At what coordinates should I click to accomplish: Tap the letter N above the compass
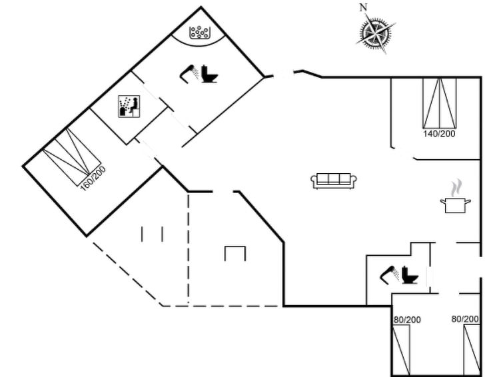point(363,8)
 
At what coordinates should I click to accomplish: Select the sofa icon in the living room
point(334,180)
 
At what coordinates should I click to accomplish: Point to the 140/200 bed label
point(439,134)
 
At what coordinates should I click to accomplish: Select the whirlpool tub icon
point(199,31)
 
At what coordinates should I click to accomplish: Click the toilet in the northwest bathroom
point(210,74)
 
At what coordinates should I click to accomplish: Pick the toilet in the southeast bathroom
point(410,276)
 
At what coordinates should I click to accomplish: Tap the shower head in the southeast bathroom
point(387,274)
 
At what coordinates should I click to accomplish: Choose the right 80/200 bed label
point(465,320)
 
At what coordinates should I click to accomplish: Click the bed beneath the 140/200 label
point(440,103)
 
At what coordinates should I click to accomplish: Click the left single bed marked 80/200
point(402,350)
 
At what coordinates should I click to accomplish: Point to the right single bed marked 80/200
point(471,350)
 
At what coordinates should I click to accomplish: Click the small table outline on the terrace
point(235,253)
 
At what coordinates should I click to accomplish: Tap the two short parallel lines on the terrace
point(153,234)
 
